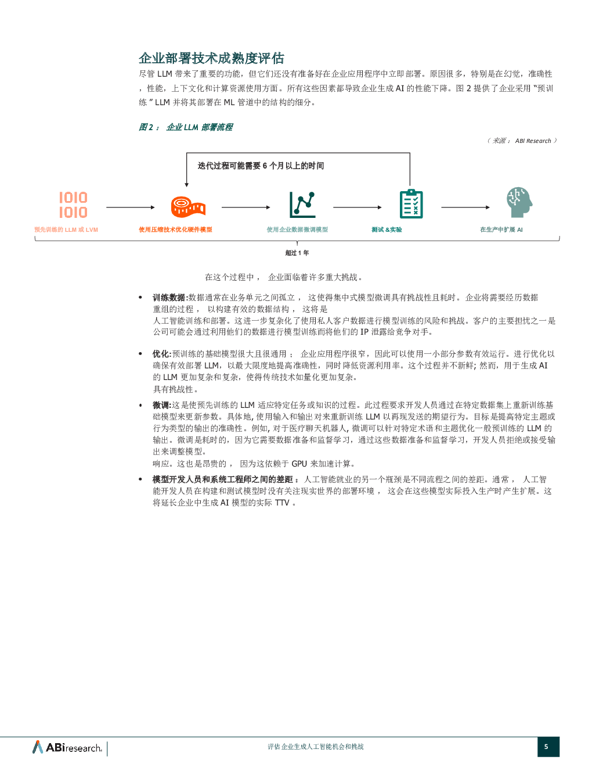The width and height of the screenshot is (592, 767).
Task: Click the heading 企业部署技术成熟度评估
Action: (211, 58)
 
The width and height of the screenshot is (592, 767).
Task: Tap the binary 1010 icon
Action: (73, 205)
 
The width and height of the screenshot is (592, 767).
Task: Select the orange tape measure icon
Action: (188, 207)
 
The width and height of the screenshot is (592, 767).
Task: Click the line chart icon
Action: (302, 205)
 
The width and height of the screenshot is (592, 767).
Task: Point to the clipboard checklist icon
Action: (411, 204)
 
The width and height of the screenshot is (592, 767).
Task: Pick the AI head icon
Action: (519, 202)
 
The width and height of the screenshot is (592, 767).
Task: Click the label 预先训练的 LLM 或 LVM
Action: (66, 230)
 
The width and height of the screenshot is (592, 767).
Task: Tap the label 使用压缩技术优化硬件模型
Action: (175, 230)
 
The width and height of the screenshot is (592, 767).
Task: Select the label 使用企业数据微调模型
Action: (297, 230)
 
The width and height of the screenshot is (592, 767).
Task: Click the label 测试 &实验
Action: (387, 230)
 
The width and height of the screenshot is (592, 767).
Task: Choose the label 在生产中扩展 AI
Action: (501, 230)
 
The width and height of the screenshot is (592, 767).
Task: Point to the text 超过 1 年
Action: (297, 253)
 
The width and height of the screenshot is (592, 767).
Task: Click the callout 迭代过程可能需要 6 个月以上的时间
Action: (261, 166)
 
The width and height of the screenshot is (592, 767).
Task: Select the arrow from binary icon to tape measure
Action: (131, 207)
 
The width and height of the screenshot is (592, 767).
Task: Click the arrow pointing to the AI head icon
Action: (465, 207)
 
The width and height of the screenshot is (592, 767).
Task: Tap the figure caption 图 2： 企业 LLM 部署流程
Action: (186, 127)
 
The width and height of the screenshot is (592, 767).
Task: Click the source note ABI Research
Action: (533, 141)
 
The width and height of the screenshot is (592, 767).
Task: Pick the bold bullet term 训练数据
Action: (169, 298)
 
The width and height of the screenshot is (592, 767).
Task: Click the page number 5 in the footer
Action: (546, 747)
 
